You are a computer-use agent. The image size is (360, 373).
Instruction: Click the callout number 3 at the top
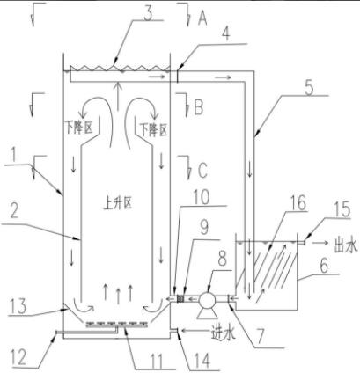[x=148, y=12]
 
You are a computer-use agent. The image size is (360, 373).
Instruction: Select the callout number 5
[x=309, y=88]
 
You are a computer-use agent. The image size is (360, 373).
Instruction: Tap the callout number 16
[x=298, y=202]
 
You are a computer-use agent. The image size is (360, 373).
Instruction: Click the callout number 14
[x=202, y=361]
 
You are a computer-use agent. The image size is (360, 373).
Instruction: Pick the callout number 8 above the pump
[x=222, y=260]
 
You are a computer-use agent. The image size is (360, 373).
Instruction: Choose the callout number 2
[x=14, y=210]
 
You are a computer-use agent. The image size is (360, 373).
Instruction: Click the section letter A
[x=202, y=18]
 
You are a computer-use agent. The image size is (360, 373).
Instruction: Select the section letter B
[x=198, y=107]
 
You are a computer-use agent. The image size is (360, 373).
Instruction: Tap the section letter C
[x=202, y=170]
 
